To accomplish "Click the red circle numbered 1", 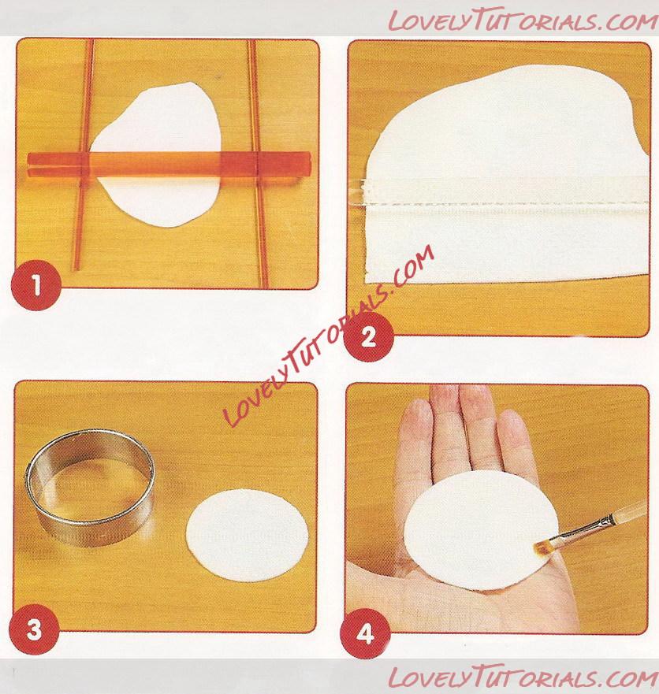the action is tap(36, 286).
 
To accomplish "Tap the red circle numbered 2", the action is tap(368, 337).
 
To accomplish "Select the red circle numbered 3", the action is tap(35, 629).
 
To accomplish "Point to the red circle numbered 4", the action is tap(364, 635).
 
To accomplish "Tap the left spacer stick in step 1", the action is tap(83, 155).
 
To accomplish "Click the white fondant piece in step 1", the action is tap(155, 155).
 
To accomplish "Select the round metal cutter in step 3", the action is tap(91, 487).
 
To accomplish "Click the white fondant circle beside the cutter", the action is tap(247, 535).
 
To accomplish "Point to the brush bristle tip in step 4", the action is tap(541, 549).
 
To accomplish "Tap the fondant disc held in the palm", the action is tap(482, 530).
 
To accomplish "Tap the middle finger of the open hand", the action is tap(475, 425).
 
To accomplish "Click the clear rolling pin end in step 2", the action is tap(363, 192).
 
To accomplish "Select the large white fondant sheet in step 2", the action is tap(504, 177).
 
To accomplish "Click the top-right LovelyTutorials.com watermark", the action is tap(523, 20).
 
